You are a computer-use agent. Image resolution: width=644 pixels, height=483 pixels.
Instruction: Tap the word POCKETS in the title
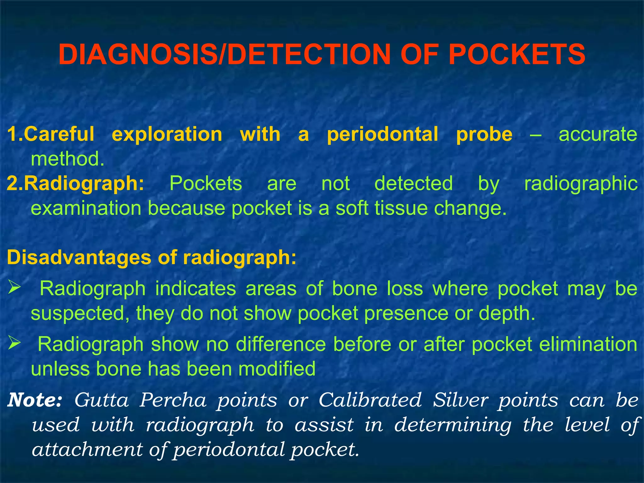[x=517, y=54]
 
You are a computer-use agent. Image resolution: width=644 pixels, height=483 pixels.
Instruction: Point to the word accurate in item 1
[x=598, y=134]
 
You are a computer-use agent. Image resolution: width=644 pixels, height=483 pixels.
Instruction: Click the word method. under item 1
[x=67, y=159]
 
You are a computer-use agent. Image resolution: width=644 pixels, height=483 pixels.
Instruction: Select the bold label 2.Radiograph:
[x=75, y=184]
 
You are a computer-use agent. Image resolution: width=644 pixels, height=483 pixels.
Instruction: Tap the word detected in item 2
[x=413, y=183]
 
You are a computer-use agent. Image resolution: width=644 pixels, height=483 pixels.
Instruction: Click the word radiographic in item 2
[x=580, y=184]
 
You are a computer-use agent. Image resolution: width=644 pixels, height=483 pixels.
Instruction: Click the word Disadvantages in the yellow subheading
[x=79, y=258]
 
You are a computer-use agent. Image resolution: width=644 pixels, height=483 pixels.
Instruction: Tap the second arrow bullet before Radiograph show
[x=14, y=343]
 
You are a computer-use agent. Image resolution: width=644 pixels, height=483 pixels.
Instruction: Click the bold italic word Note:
[x=35, y=400]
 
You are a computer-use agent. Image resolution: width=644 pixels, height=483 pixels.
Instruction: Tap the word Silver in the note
[x=461, y=400]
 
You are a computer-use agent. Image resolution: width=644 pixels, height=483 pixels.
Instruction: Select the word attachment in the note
[x=87, y=449]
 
